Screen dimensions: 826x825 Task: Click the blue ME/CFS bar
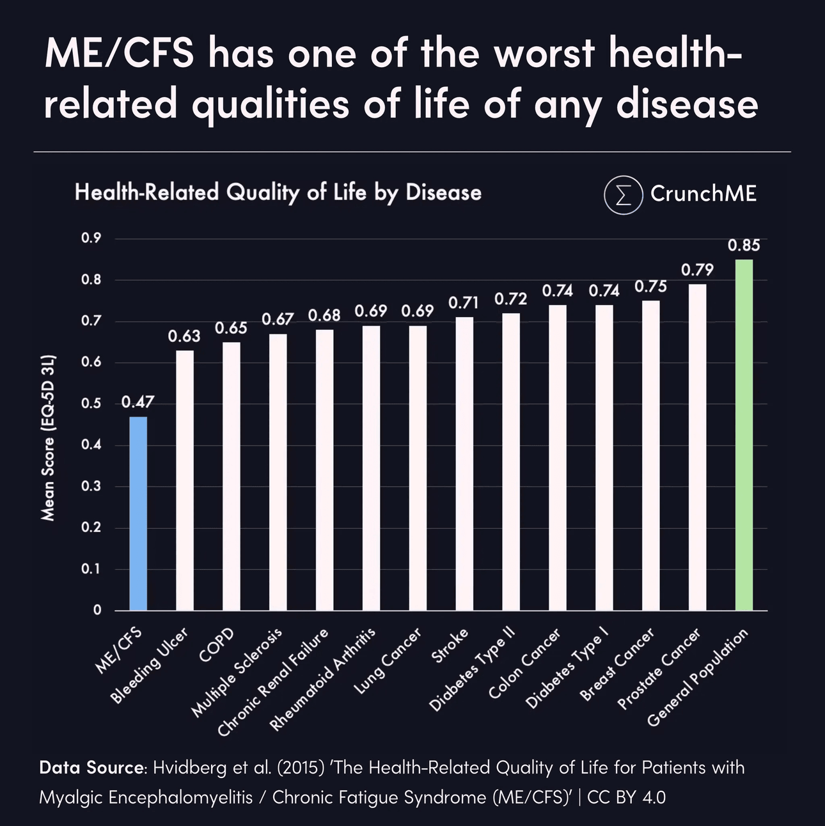click(x=138, y=513)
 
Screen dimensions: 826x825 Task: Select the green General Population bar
click(x=744, y=435)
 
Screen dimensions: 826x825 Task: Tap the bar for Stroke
click(x=464, y=464)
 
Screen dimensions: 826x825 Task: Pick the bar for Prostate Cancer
click(x=697, y=448)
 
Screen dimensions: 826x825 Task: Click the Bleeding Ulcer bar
click(x=185, y=480)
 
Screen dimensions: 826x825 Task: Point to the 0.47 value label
click(x=138, y=402)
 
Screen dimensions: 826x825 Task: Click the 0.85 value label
click(x=744, y=245)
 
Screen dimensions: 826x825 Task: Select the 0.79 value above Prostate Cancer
click(x=697, y=270)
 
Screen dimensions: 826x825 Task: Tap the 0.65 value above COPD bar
click(x=231, y=328)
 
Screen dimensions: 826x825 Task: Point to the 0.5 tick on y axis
click(x=91, y=404)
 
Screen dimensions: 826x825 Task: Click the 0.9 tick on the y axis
click(x=91, y=239)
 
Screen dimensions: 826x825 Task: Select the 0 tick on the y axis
click(x=97, y=611)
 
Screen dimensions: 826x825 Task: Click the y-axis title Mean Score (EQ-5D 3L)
click(x=49, y=438)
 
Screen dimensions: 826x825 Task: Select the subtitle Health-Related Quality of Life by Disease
click(x=278, y=192)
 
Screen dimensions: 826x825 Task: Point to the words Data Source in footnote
click(x=92, y=767)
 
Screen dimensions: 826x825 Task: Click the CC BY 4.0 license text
click(x=627, y=797)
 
